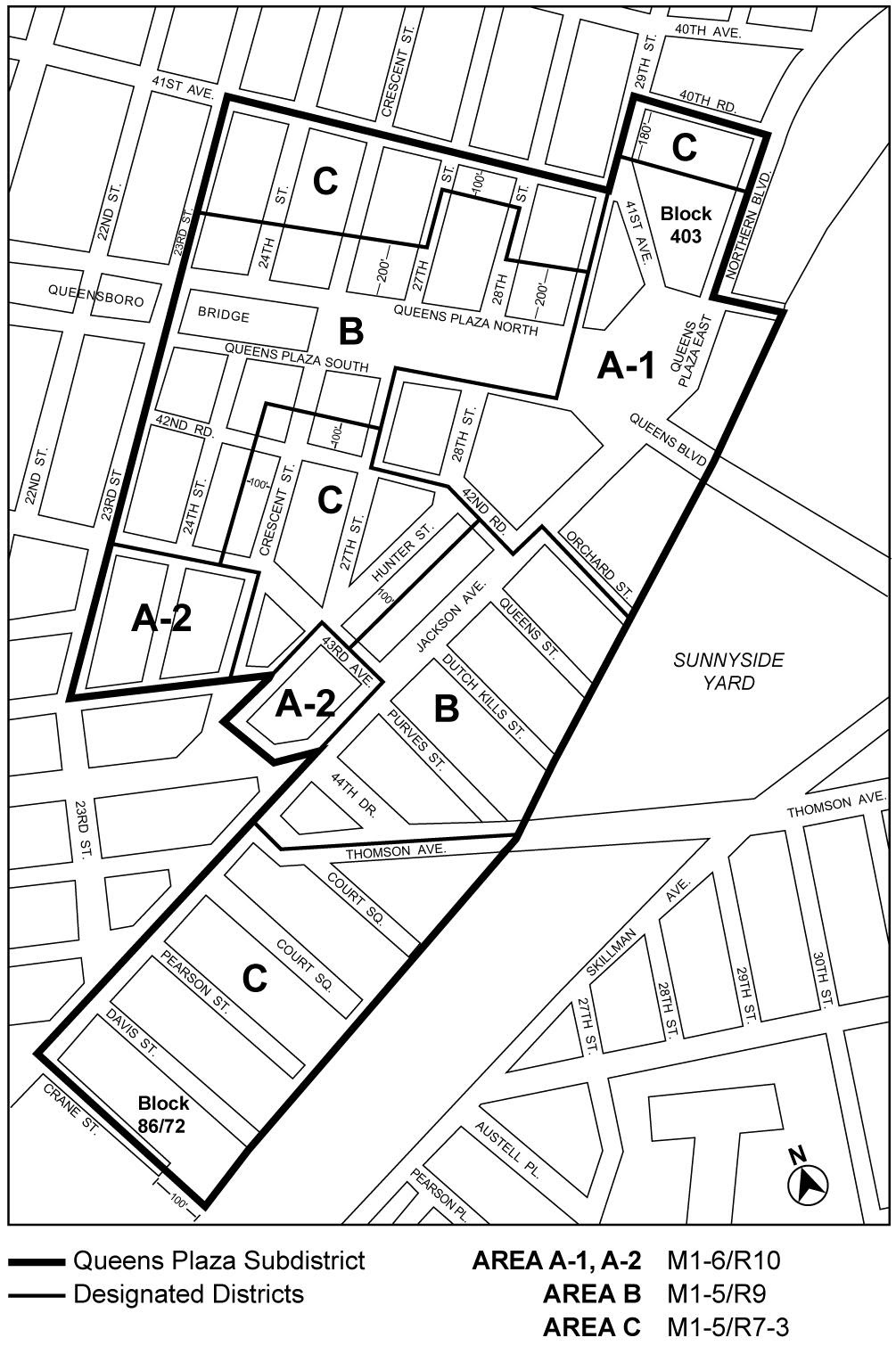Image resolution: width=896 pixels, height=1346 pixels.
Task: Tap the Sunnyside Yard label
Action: (x=728, y=671)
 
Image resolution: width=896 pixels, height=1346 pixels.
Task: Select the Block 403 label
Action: (x=686, y=225)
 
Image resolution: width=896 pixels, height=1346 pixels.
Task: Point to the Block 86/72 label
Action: (x=162, y=1114)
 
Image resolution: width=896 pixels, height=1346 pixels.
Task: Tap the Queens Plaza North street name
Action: (x=465, y=320)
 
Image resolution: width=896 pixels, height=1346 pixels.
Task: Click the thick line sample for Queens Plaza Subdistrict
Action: (x=37, y=1261)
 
